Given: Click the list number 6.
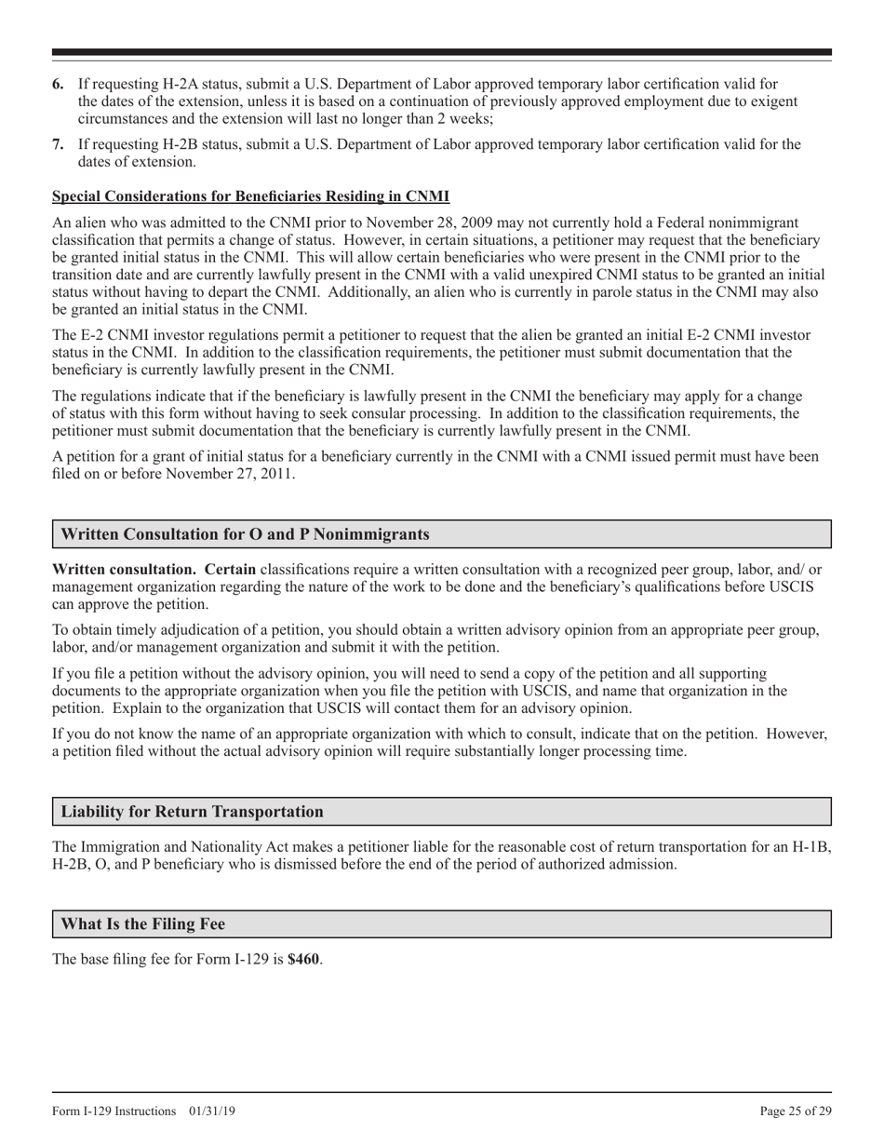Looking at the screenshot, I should [58, 85].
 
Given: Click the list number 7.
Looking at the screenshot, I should [58, 144].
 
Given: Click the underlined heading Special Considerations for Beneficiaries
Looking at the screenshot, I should [250, 196].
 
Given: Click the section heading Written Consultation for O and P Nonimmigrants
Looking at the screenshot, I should [245, 534].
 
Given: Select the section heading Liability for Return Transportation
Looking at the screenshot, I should [192, 812].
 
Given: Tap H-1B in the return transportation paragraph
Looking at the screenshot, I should [808, 847].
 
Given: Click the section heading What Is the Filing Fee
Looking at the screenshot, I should [142, 924].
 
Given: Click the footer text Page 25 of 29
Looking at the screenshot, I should [796, 1111].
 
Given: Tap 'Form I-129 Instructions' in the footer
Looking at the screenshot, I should [114, 1111].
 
